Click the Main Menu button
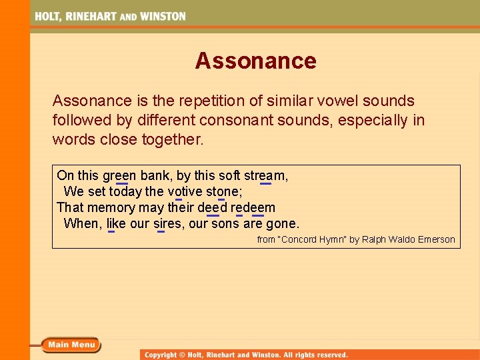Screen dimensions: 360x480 pos(71,345)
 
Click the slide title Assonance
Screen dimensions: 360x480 pos(255,61)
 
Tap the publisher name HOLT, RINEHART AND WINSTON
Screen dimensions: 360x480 pos(111,16)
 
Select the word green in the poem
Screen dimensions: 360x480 pos(119,176)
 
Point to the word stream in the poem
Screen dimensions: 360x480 pos(265,176)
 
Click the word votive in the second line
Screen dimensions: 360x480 pos(185,192)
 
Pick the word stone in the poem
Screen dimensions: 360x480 pos(222,192)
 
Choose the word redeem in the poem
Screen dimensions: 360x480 pos(253,207)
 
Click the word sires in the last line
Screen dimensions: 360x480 pos(167,223)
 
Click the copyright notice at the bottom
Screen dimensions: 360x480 pos(247,355)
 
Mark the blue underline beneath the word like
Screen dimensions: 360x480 pos(111,231)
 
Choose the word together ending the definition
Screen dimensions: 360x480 pos(172,140)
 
